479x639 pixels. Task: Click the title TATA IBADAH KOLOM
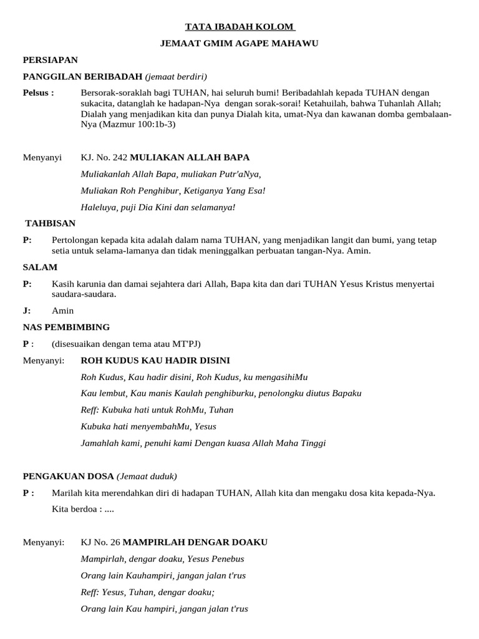pyautogui.click(x=240, y=27)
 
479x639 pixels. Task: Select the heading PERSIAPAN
pyautogui.click(x=50, y=60)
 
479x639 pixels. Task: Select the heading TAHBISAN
pyautogui.click(x=50, y=223)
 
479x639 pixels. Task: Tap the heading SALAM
pyautogui.click(x=40, y=266)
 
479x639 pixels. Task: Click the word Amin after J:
pyautogui.click(x=63, y=310)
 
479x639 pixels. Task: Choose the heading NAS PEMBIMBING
pyautogui.click(x=66, y=326)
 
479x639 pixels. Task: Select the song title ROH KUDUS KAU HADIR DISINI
pyautogui.click(x=155, y=360)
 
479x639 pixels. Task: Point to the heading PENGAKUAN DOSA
pyautogui.click(x=68, y=476)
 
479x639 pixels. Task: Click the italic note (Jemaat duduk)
pyautogui.click(x=147, y=476)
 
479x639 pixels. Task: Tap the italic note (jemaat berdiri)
pyautogui.click(x=176, y=76)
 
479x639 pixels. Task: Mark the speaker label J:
pyautogui.click(x=27, y=310)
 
